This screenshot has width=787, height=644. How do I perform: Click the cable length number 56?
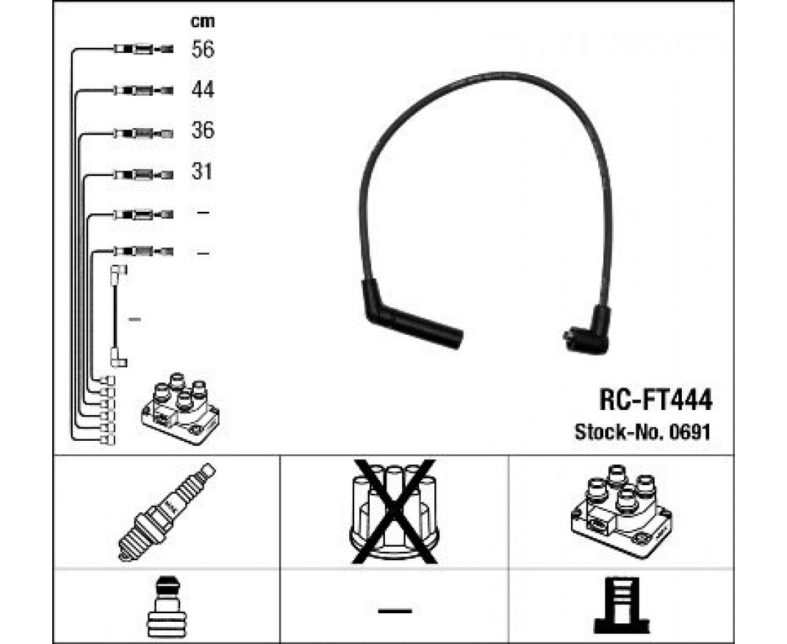click(202, 49)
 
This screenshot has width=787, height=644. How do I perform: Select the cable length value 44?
click(202, 90)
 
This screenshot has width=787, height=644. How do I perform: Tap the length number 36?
click(202, 130)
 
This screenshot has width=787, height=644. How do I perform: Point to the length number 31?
click(202, 172)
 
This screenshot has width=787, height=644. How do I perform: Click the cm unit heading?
click(202, 21)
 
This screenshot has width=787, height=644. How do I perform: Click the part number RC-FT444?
click(655, 401)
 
